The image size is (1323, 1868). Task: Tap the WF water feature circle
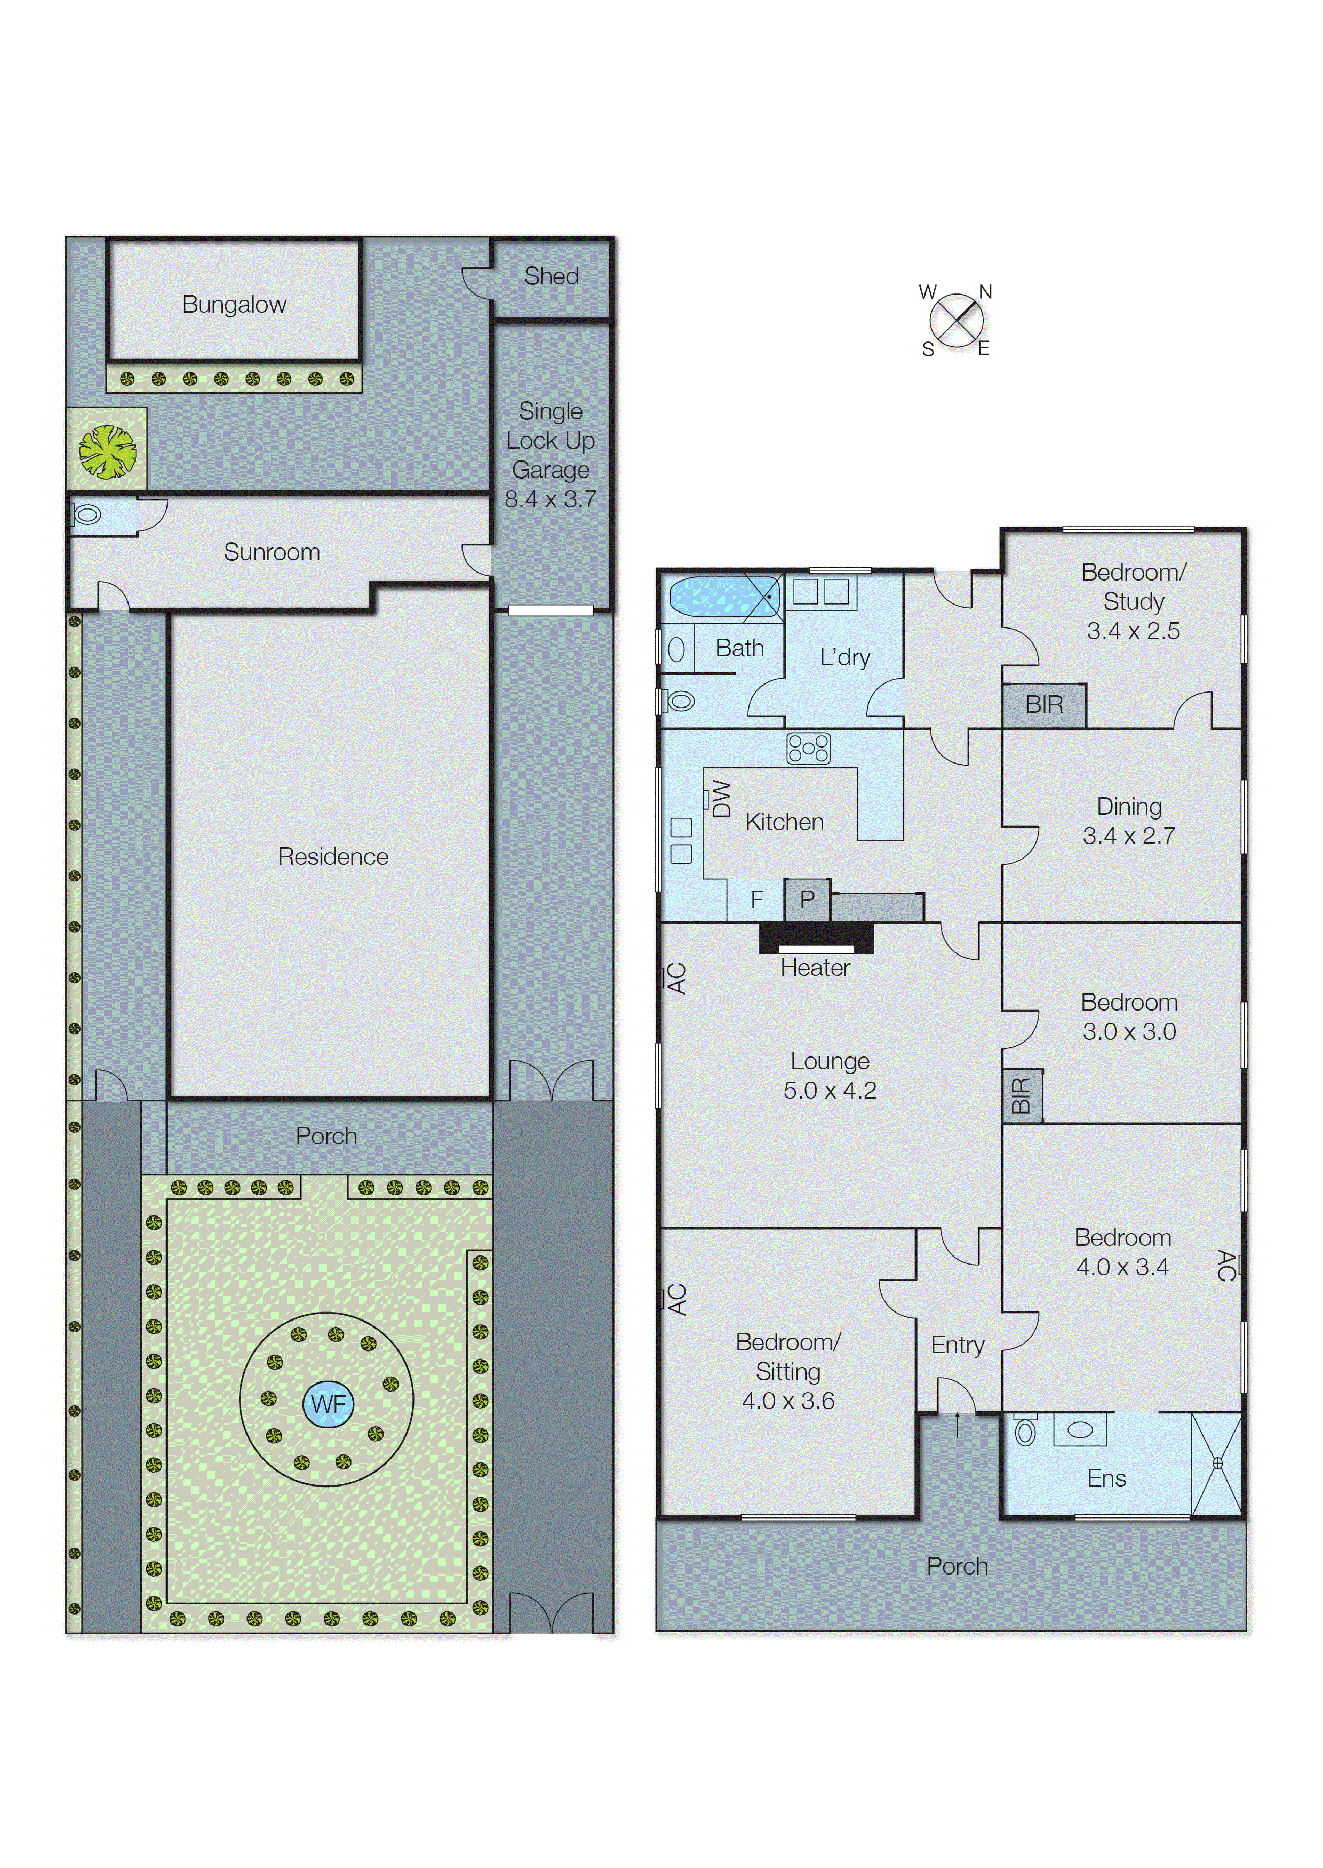pyautogui.click(x=328, y=1404)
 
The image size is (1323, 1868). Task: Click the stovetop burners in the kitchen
pyautogui.click(x=808, y=748)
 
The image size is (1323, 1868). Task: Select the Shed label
pyautogui.click(x=552, y=276)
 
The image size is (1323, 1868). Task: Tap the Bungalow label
pyautogui.click(x=234, y=305)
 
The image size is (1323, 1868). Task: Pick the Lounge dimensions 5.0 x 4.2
pyautogui.click(x=830, y=1090)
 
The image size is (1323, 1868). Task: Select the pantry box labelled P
pyautogui.click(x=807, y=900)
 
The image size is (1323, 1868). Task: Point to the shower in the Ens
pyautogui.click(x=1216, y=1464)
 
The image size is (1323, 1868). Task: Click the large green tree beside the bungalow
pyautogui.click(x=107, y=451)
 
